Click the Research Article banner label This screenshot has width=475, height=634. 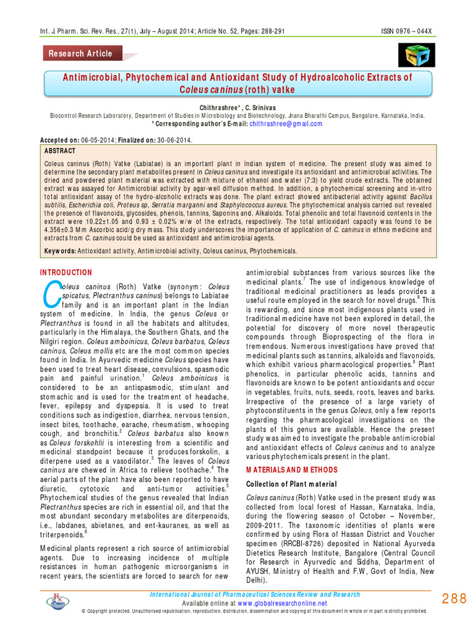(x=80, y=53)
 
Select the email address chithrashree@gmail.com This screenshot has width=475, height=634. (x=277, y=123)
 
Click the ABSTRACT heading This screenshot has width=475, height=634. (x=60, y=151)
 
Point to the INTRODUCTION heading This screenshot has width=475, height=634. (x=66, y=272)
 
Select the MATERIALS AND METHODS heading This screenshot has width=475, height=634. (x=288, y=470)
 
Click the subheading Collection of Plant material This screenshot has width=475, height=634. (x=283, y=484)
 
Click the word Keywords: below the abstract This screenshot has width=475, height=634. (x=60, y=251)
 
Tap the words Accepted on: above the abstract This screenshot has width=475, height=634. (x=58, y=140)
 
